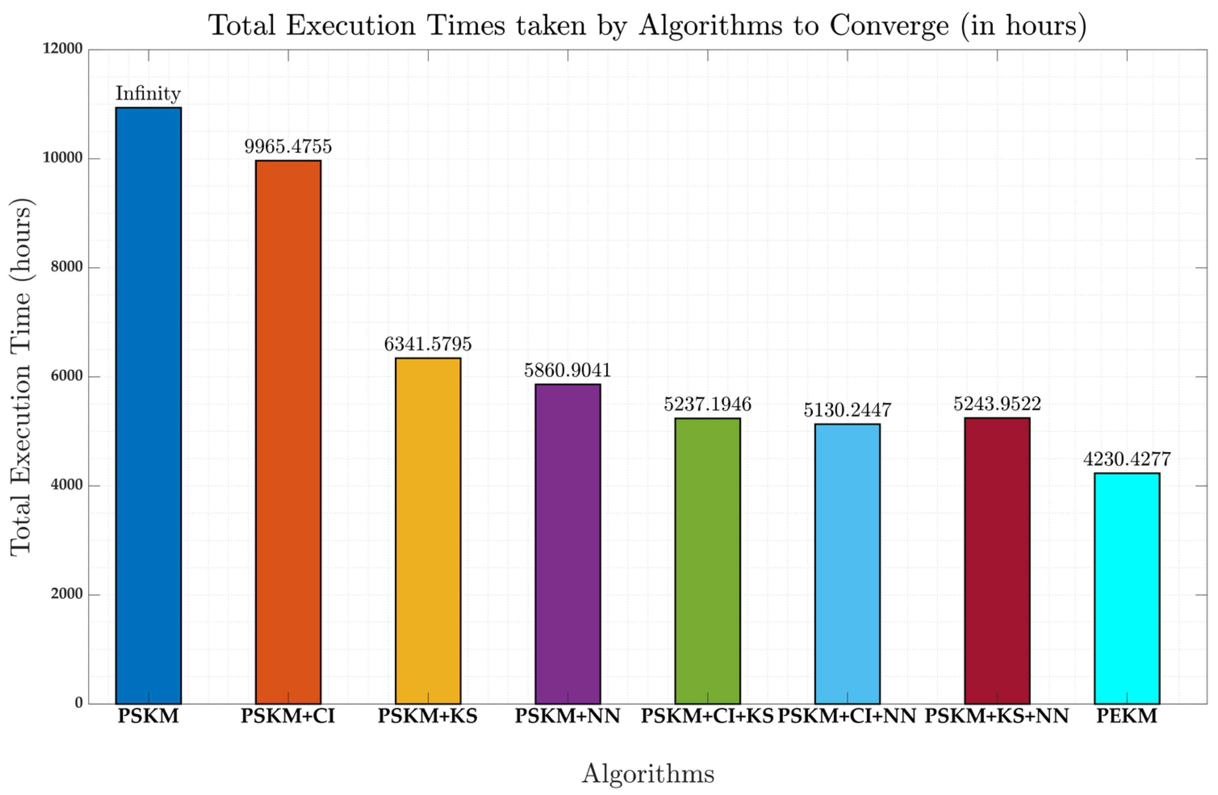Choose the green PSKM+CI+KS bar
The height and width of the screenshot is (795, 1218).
tap(707, 561)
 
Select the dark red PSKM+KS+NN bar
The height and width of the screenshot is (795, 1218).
tap(997, 561)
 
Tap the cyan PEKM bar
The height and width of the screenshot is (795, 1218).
tap(1127, 588)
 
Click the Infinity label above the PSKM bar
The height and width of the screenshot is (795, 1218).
tap(148, 94)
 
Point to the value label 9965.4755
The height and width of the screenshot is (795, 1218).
tap(288, 147)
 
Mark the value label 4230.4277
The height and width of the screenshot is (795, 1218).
tap(1127, 459)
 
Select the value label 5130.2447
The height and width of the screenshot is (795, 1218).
tap(847, 410)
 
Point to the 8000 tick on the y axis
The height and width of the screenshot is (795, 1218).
tap(67, 267)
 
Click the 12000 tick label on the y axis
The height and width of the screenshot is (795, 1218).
tap(63, 49)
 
